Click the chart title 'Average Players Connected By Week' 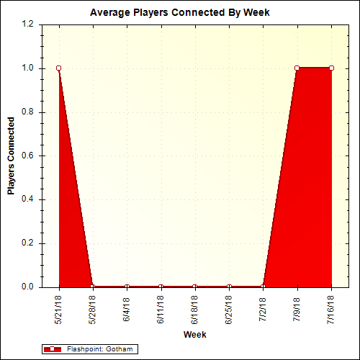[x=180, y=12]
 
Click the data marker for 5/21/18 [x=58, y=68]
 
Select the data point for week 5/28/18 [x=92, y=287]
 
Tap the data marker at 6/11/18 [x=161, y=287]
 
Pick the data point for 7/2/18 [x=263, y=287]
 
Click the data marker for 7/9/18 [x=297, y=68]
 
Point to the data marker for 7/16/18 [x=331, y=68]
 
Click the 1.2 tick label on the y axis [x=28, y=24]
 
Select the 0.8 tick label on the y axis [x=28, y=112]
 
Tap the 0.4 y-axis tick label [x=28, y=199]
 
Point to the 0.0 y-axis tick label [x=28, y=287]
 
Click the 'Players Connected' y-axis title [x=11, y=156]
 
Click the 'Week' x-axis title [x=194, y=335]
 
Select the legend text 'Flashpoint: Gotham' [x=100, y=349]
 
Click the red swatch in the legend [x=53, y=349]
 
